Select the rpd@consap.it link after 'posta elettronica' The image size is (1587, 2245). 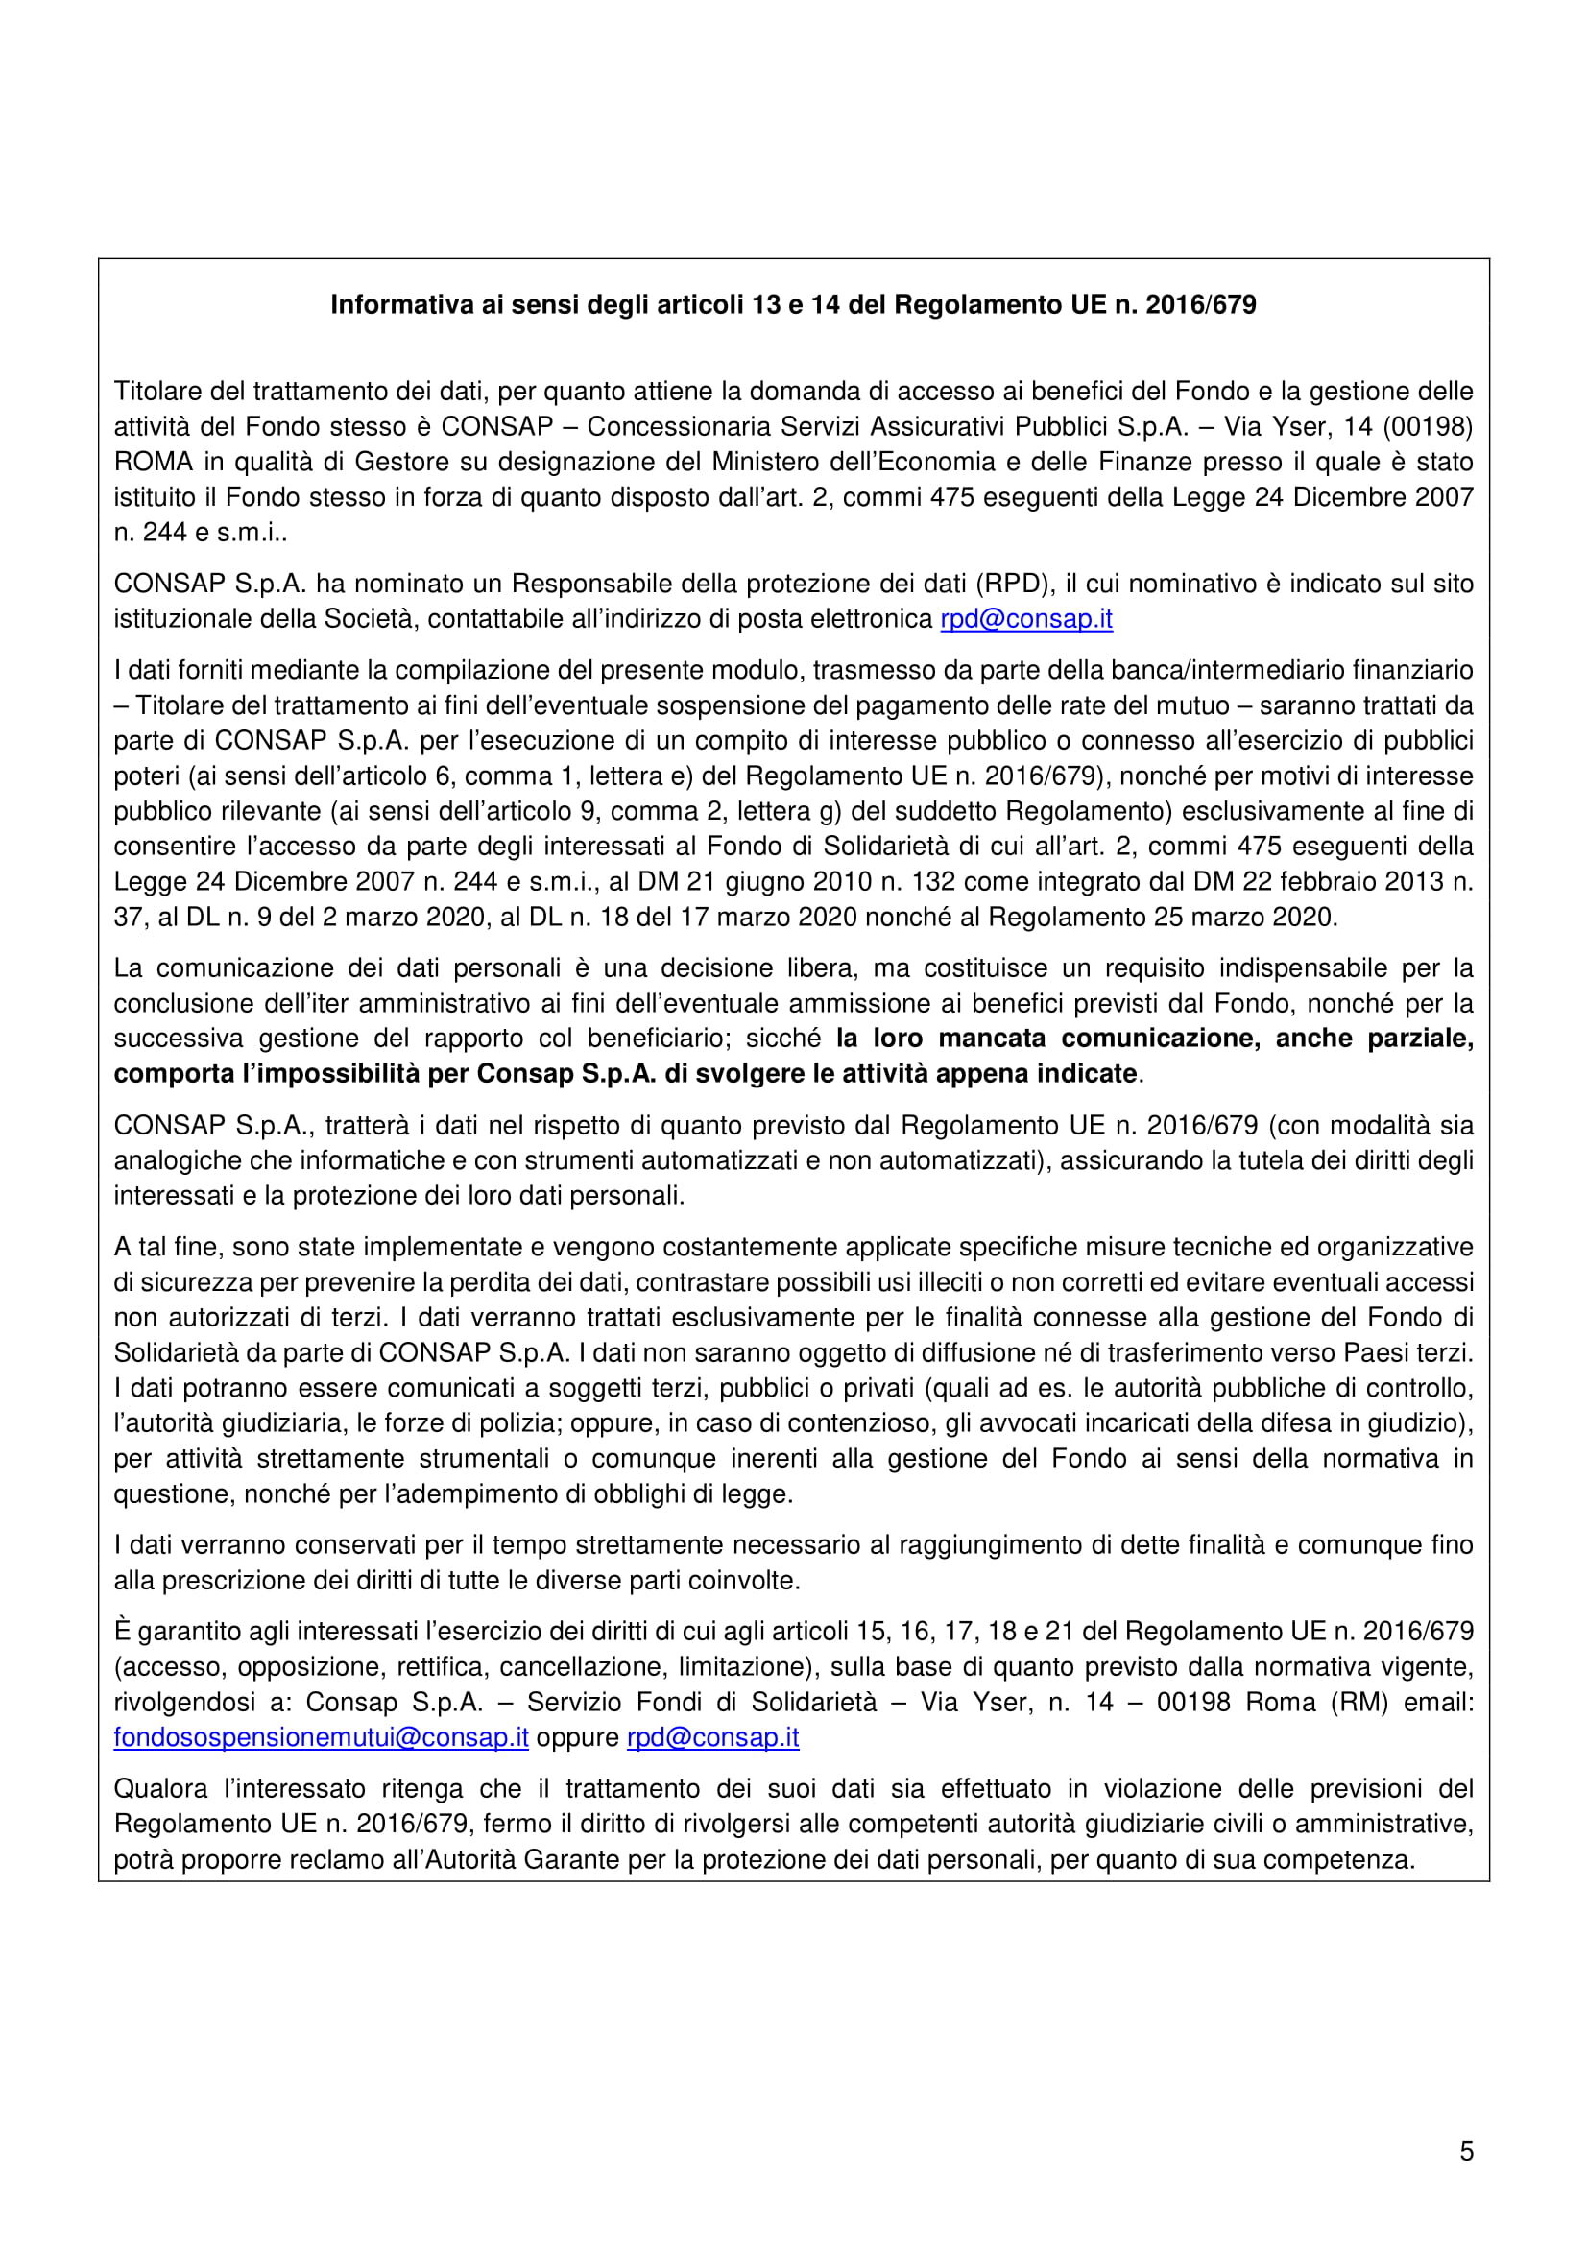coord(1025,619)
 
